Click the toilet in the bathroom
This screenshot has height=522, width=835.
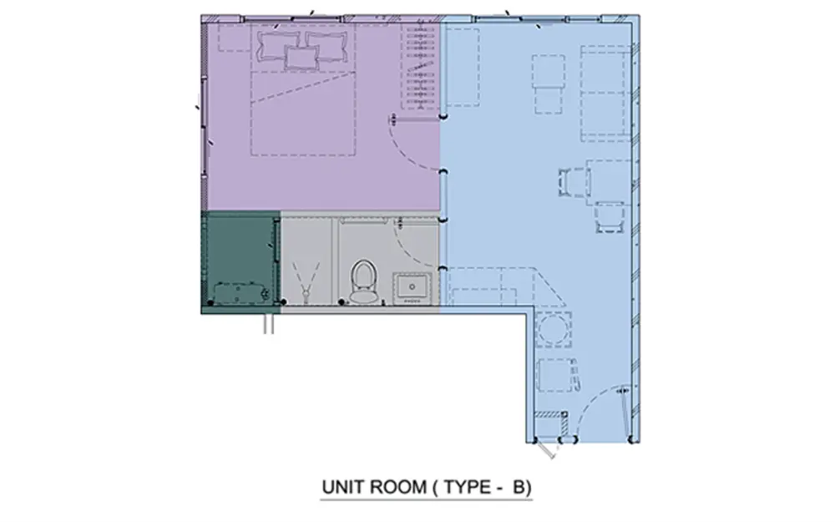364,281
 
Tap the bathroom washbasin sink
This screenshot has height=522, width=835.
412,289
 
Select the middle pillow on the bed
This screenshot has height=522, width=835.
301,58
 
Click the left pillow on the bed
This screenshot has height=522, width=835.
276,45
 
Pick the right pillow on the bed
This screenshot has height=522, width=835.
327,45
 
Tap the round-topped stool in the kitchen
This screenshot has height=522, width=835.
553,329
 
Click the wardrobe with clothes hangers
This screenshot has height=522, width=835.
421,66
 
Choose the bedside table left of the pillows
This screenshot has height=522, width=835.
235,38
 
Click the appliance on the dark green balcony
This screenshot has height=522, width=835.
240,292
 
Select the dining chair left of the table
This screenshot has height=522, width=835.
572,181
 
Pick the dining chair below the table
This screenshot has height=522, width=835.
610,217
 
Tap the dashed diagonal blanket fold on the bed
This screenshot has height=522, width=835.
302,88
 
